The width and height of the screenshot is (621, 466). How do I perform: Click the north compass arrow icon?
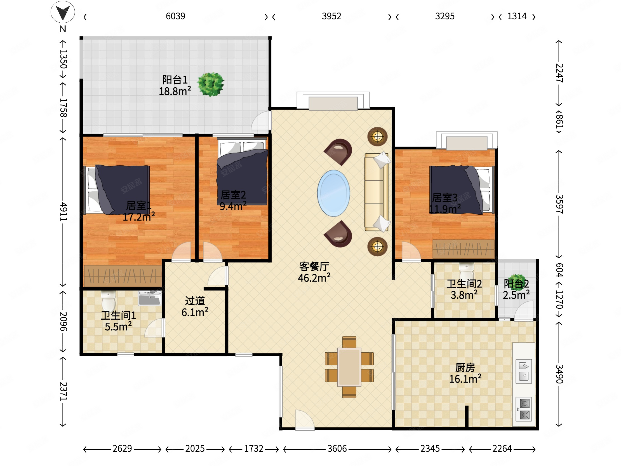pos(63,12)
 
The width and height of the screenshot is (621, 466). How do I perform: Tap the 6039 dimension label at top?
pos(175,16)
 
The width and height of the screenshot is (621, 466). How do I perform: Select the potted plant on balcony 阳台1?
pos(211,84)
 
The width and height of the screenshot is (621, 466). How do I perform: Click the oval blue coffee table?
pos(333,193)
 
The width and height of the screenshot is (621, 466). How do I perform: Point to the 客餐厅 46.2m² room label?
pos(314,272)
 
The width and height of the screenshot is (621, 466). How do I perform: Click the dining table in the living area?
pos(349,367)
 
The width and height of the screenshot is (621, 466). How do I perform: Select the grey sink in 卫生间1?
pos(150,298)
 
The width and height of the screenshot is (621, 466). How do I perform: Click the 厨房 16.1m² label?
pos(465,373)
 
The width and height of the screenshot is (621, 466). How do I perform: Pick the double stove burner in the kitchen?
pos(524,409)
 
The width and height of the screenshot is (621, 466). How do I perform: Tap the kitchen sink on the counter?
pos(524,371)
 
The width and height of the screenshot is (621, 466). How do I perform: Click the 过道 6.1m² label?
pos(195,307)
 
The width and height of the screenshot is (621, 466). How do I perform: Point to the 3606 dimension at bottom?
pos(337,449)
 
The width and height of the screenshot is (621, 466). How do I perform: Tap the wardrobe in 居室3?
pos(464,249)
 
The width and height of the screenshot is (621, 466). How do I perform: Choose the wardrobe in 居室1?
pos(123,276)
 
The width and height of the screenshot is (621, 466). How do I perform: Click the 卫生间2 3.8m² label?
pos(464,289)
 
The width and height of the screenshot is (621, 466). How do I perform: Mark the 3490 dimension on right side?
pos(559,374)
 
